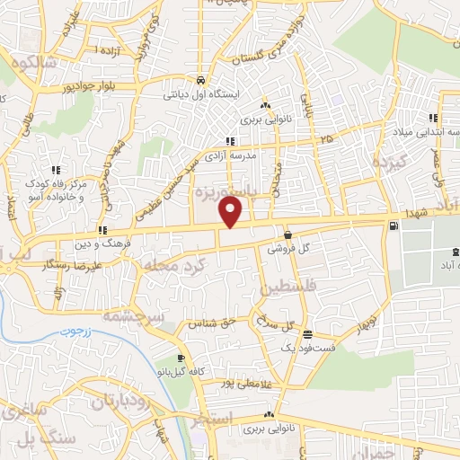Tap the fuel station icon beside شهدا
click(x=393, y=226)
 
